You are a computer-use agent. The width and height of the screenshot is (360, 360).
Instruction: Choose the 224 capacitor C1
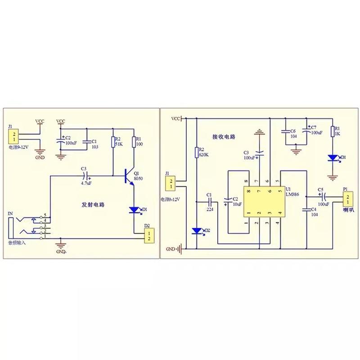209,201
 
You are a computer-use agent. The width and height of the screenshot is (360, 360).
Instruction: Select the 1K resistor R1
333,131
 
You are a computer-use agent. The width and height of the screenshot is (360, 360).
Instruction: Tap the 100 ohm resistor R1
134,142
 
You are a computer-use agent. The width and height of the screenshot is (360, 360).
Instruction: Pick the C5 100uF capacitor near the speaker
322,197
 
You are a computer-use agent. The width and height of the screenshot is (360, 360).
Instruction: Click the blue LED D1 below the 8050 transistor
134,209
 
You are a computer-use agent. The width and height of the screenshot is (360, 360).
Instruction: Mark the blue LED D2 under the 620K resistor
197,231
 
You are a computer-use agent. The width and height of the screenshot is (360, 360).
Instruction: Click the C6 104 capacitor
285,131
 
